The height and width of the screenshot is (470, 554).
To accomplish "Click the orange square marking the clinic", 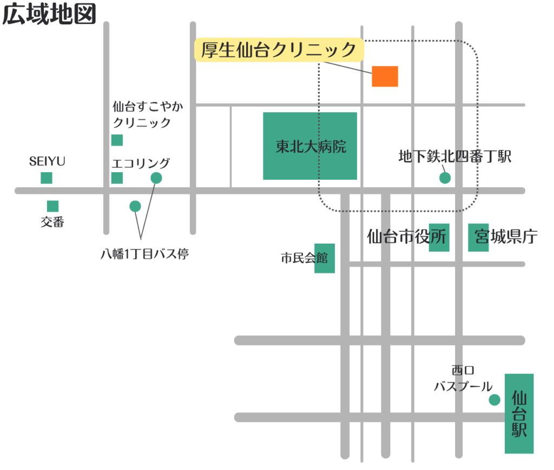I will pos(385,76).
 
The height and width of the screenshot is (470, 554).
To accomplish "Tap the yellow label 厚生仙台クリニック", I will pos(279,50).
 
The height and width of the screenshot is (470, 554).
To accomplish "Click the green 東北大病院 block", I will pos(310,146).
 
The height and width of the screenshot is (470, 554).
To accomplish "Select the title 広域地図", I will pos(49,15).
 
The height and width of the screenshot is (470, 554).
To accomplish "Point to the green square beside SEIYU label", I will pos(47,178).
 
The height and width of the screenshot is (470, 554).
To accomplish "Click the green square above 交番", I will pos(52,206).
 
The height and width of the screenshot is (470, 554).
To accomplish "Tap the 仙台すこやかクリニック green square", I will pos(117,140).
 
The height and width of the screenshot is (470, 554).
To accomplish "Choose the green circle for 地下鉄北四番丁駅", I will pos(445,178).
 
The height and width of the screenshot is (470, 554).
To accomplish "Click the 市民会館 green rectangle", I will pos(325,258).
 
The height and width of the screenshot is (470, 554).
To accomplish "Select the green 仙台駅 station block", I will pos(519,414).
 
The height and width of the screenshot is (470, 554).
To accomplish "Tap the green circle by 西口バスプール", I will pos(494,400).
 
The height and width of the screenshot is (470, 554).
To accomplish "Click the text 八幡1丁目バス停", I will pos(144,253).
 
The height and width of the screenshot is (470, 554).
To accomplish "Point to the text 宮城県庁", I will pos(506,237).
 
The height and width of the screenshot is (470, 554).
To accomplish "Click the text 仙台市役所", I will pos(407,237).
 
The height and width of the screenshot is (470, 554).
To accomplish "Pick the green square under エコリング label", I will pos(117,178).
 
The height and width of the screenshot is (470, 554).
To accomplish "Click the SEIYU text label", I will pos(47,161).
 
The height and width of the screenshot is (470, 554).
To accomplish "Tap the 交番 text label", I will pos(52,222).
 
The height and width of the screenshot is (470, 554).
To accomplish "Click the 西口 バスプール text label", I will pos(463,378).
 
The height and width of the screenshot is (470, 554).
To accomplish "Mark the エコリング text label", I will pos(141,163).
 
